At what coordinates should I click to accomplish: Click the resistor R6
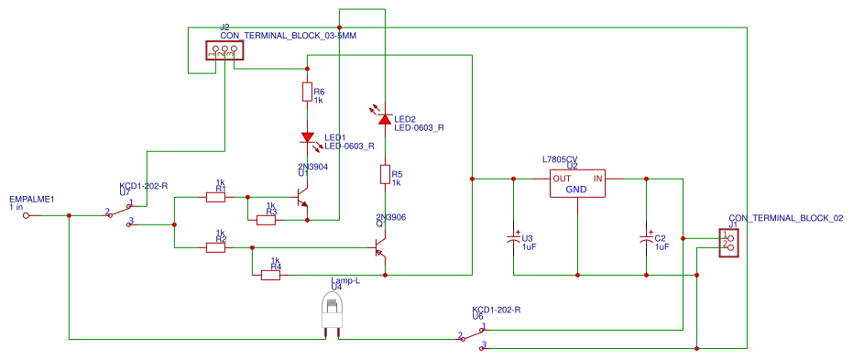[307, 93]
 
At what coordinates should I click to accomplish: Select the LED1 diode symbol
[308, 137]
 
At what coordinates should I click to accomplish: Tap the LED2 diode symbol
[385, 119]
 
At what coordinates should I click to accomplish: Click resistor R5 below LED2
[385, 175]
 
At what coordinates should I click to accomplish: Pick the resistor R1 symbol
[215, 196]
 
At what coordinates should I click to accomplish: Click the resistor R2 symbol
[215, 247]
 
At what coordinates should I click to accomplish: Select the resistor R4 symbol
[270, 274]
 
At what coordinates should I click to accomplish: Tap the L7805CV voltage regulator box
[576, 183]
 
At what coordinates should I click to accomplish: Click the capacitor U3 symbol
[513, 240]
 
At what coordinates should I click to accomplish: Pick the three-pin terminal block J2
[221, 54]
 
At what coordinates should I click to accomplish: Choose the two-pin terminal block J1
[728, 242]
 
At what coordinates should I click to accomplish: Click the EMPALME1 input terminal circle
[26, 215]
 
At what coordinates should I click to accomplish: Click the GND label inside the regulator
[576, 190]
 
